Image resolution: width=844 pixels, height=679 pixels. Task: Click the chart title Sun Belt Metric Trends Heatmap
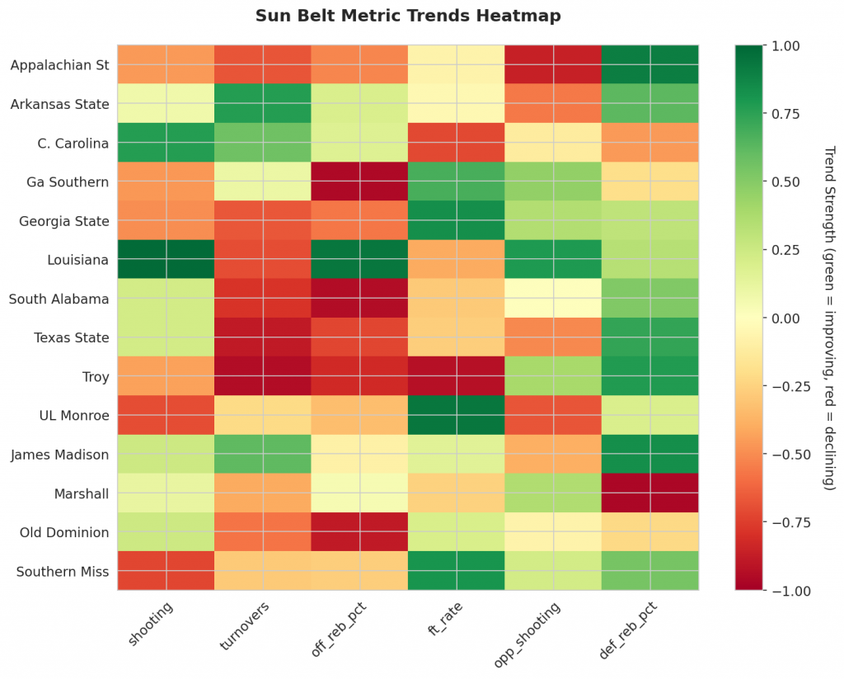[x=408, y=16]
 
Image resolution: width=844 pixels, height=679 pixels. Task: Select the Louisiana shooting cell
[x=166, y=259]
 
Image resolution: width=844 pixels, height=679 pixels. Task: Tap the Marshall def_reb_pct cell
[x=650, y=493]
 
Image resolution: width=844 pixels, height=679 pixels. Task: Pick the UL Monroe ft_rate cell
[x=457, y=415]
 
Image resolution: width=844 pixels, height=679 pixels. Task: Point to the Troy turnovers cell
[x=263, y=376]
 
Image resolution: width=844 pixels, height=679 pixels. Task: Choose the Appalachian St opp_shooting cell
[x=553, y=64]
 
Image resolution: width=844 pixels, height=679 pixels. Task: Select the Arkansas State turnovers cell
[x=263, y=103]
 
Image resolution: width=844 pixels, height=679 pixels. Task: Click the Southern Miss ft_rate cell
[x=457, y=571]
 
